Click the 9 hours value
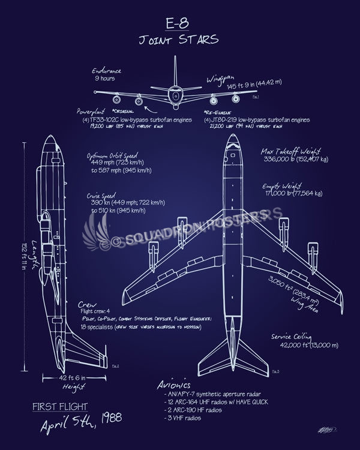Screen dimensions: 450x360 click(105, 79)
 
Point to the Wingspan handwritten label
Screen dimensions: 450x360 click(223, 79)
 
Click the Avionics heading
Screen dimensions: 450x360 click(172, 385)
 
